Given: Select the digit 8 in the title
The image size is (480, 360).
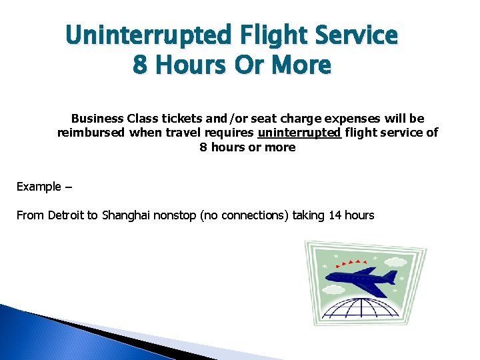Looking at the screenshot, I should (141, 65).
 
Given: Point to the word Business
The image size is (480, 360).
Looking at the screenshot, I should (97, 119).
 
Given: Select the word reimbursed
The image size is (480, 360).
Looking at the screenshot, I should (91, 133).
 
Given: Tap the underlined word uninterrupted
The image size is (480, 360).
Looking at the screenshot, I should (299, 133).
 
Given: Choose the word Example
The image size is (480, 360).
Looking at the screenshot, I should (39, 187).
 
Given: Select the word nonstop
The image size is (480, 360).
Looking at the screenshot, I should (175, 215).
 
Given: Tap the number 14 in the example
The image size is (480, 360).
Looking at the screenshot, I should (336, 215).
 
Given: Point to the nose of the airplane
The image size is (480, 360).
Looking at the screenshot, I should (328, 279).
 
